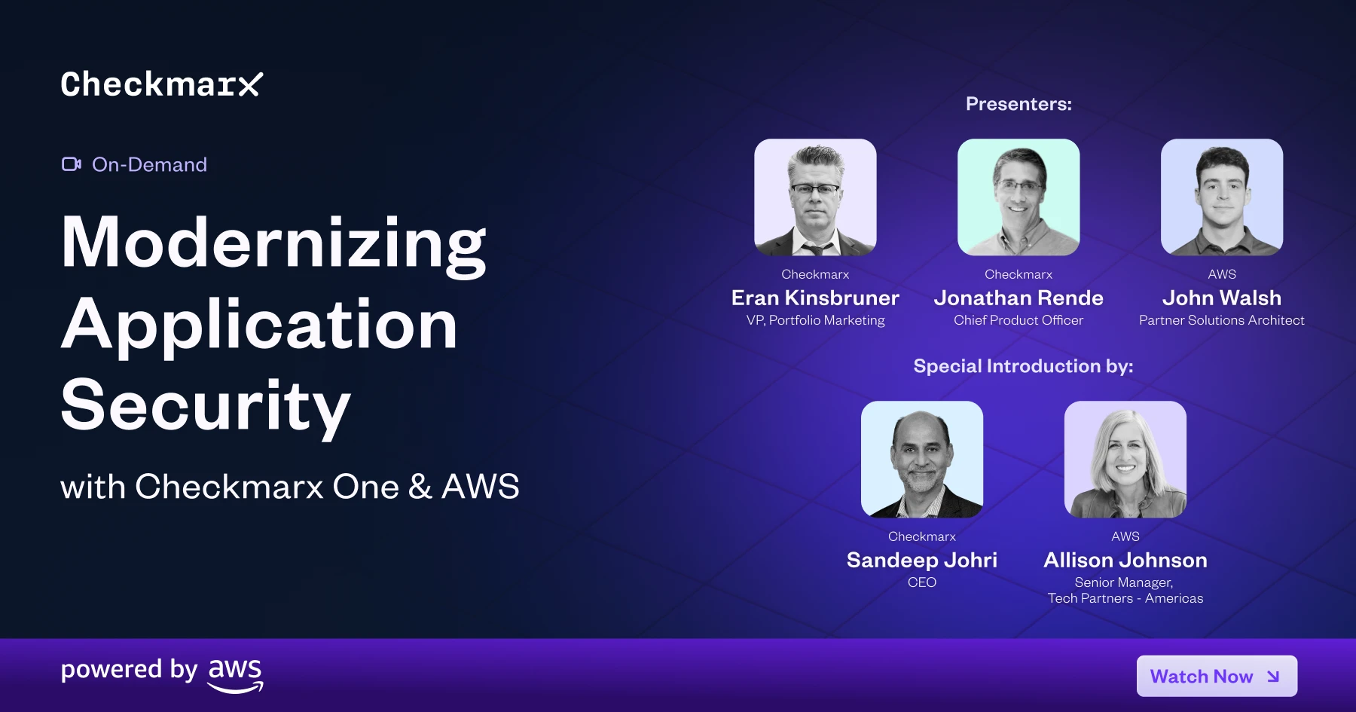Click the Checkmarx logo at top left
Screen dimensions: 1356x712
pyautogui.click(x=162, y=84)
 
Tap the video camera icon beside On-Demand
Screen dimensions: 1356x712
pyautogui.click(x=72, y=164)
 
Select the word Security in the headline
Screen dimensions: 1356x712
pyautogui.click(x=206, y=406)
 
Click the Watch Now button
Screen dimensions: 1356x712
pyautogui.click(x=1217, y=676)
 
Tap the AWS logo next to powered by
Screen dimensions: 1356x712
pyautogui.click(x=236, y=675)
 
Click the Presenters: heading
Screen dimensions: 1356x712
pyautogui.click(x=1019, y=104)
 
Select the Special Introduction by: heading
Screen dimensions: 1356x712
pyautogui.click(x=1023, y=366)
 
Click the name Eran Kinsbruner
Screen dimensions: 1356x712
pyautogui.click(x=815, y=298)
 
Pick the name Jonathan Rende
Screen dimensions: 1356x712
pyautogui.click(x=1019, y=298)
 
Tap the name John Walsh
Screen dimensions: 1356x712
pyautogui.click(x=1222, y=298)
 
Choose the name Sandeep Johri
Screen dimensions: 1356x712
pyautogui.click(x=922, y=560)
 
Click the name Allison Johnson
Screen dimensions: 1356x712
pyautogui.click(x=1125, y=560)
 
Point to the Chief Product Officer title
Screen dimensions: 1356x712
pyautogui.click(x=1019, y=320)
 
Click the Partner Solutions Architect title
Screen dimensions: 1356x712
pyautogui.click(x=1222, y=320)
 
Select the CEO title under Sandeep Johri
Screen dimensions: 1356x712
pyautogui.click(x=922, y=582)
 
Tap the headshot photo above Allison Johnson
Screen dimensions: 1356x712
pyautogui.click(x=1125, y=460)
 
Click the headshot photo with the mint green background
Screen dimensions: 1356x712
pyautogui.click(x=1019, y=197)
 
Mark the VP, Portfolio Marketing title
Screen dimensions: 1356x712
pyautogui.click(x=815, y=320)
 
